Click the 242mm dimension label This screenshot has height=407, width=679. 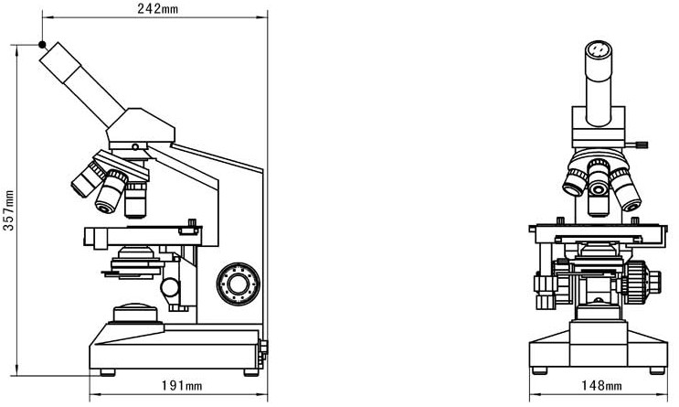[157, 8]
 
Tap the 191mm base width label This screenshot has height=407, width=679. [182, 385]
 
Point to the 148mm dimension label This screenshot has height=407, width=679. [601, 385]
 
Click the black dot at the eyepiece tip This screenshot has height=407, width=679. [42, 44]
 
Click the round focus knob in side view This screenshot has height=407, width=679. [239, 284]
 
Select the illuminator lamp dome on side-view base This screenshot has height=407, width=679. [135, 313]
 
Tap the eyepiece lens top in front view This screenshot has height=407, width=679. [599, 49]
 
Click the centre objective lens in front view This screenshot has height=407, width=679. [599, 187]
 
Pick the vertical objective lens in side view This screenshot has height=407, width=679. [135, 199]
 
